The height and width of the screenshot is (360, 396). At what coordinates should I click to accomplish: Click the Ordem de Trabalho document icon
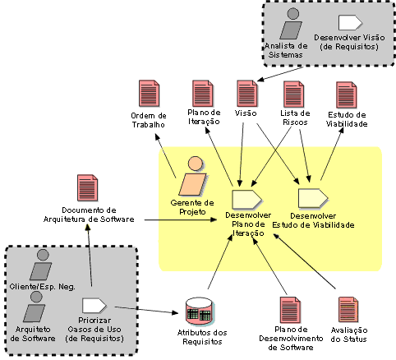click(x=149, y=94)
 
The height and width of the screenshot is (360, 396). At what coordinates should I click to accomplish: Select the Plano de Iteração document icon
click(x=202, y=94)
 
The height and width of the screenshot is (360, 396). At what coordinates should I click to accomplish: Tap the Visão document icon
click(x=247, y=94)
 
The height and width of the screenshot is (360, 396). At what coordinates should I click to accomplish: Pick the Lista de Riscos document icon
click(x=294, y=94)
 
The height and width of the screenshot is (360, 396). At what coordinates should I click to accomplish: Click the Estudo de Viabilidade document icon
click(x=347, y=95)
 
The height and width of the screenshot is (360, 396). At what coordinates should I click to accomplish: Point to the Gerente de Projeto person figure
click(x=192, y=177)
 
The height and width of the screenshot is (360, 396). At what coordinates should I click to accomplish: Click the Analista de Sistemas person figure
click(x=292, y=24)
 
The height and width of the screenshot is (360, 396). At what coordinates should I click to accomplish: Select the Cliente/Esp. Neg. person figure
click(x=41, y=265)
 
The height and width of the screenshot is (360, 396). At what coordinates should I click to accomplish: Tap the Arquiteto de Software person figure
click(x=35, y=307)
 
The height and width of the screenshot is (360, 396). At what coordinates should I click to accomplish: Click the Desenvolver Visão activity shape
click(x=350, y=22)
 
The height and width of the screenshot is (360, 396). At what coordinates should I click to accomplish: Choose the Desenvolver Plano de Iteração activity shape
click(x=246, y=199)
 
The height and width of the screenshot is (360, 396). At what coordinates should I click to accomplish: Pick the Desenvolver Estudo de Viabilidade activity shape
click(x=313, y=198)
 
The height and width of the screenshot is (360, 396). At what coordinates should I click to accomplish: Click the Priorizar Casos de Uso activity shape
click(x=94, y=306)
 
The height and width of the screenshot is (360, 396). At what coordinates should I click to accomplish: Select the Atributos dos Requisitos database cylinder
click(x=199, y=312)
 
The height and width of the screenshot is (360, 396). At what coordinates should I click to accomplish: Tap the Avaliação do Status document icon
click(x=348, y=310)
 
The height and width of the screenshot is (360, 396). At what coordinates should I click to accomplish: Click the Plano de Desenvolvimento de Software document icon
click(x=291, y=310)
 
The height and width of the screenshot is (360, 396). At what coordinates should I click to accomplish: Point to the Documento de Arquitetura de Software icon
click(x=88, y=187)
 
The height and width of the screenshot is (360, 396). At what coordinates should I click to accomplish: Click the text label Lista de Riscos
click(x=295, y=118)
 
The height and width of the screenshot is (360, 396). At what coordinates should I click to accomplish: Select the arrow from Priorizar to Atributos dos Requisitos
click(x=146, y=310)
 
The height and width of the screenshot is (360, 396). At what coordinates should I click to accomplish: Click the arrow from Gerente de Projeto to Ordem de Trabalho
click(x=166, y=155)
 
